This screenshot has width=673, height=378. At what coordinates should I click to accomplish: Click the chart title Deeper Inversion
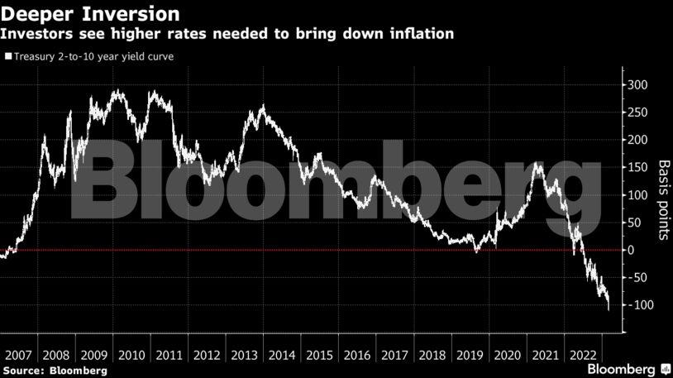(92, 14)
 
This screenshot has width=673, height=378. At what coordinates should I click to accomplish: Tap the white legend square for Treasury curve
(8, 57)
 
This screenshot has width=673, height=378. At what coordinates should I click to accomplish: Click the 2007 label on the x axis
(19, 355)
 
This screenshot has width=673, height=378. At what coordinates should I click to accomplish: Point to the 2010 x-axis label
(131, 355)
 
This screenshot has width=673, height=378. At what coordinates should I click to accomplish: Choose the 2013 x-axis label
(245, 355)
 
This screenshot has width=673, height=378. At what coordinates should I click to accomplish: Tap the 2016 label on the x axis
(357, 355)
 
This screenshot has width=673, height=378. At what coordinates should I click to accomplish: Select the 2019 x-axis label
(470, 355)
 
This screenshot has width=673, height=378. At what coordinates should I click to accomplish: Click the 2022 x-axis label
(583, 355)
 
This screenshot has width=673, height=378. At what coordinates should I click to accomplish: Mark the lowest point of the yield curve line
(609, 310)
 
